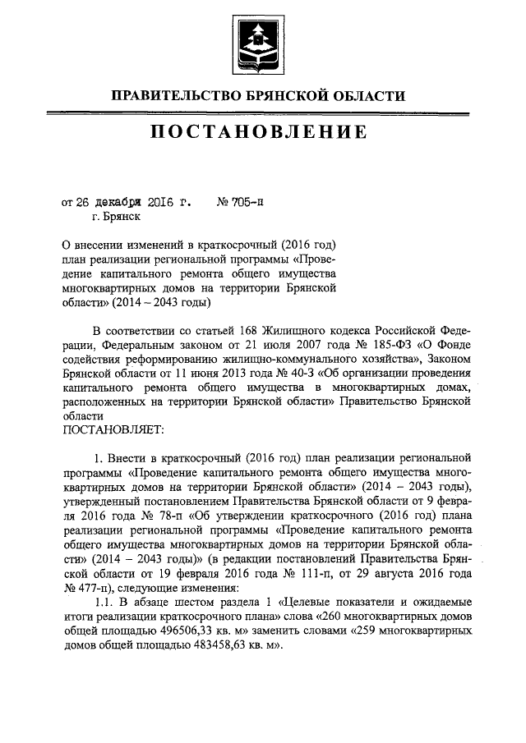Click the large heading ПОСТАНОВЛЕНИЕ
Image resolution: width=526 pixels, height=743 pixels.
pos(262,131)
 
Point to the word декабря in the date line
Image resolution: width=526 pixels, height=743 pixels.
pos(118,200)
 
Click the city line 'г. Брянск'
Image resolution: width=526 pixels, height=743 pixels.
pos(116,217)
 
